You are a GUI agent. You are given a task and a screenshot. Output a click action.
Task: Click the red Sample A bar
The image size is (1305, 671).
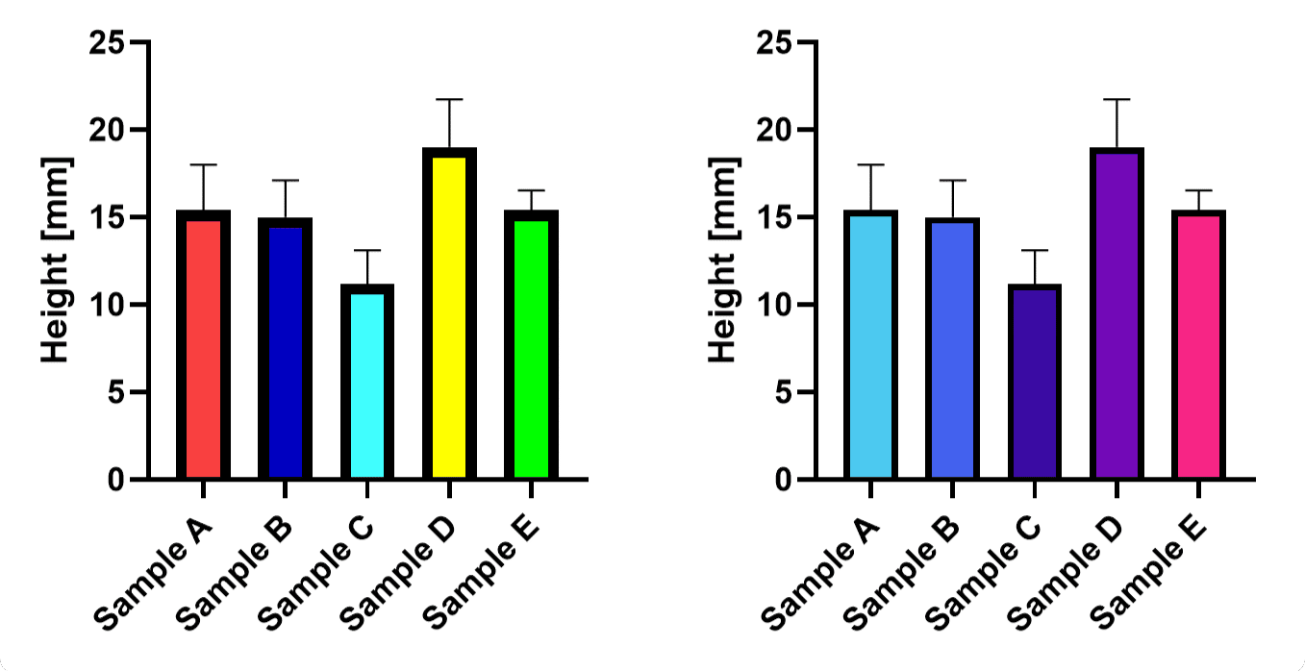tap(203, 346)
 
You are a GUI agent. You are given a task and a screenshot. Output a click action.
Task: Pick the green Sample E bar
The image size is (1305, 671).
tap(531, 346)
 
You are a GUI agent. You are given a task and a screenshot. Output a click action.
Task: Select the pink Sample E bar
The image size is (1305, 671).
tap(1198, 346)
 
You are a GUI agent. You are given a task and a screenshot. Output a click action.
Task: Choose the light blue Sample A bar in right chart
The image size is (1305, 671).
tap(870, 346)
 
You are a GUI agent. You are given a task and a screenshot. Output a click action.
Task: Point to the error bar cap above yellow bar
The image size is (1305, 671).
tap(449, 99)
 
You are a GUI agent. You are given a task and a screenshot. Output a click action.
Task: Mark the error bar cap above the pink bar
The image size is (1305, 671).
tap(1198, 190)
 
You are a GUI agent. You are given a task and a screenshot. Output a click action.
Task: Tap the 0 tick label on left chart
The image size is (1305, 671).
tap(116, 480)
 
